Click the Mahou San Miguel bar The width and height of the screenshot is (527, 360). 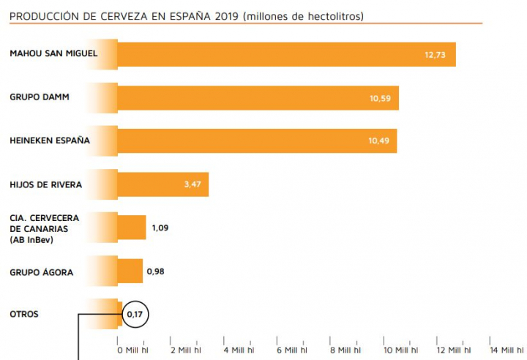(285, 54)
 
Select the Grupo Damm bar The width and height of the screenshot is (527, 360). (256, 97)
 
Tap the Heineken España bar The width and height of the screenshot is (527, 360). (256, 140)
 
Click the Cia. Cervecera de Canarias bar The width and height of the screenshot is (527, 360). (132, 228)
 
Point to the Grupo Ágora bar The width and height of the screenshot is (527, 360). (130, 271)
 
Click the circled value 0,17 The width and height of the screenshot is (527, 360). (135, 315)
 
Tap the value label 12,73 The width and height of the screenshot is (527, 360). (435, 55)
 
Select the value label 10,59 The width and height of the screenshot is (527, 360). (379, 98)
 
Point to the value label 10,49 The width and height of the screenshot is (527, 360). (378, 141)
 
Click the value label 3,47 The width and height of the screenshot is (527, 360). (193, 184)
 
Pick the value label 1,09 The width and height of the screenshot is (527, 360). (160, 228)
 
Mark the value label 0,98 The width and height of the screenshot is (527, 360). (156, 271)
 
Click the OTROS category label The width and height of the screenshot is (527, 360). (24, 315)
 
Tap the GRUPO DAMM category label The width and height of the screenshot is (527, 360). (40, 97)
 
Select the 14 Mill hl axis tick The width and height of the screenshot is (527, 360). (507, 350)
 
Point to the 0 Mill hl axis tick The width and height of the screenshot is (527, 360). (132, 350)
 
